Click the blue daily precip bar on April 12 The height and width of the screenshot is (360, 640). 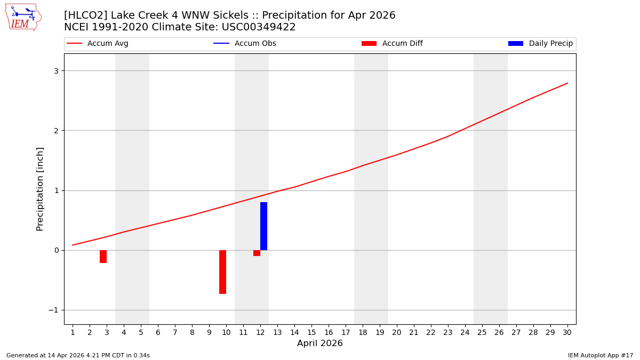pos(263,226)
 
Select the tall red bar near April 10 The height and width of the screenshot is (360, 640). pos(222,271)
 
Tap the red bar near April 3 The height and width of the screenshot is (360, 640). pos(103,257)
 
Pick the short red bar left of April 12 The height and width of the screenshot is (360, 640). pos(257,253)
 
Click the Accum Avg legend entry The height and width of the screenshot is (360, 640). pos(98,44)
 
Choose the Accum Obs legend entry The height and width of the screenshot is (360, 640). pos(245,44)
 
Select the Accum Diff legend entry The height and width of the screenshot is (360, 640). pos(392,44)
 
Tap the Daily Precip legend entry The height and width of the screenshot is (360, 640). pos(540,44)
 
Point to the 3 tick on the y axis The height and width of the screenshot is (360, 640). pos(55,71)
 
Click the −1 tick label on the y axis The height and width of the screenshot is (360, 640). pos(53,310)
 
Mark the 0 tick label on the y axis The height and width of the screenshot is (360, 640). pos(55,250)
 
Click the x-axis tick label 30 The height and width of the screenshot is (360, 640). pos(567,332)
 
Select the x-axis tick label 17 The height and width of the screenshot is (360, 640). pos(346,332)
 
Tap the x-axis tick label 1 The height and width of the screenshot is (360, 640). pos(73,332)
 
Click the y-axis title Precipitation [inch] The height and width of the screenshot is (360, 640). pos(41,189)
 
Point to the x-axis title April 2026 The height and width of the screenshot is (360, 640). pos(320,343)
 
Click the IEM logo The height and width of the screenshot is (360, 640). pos(23,17)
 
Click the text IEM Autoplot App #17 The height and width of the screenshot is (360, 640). pos(601,355)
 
